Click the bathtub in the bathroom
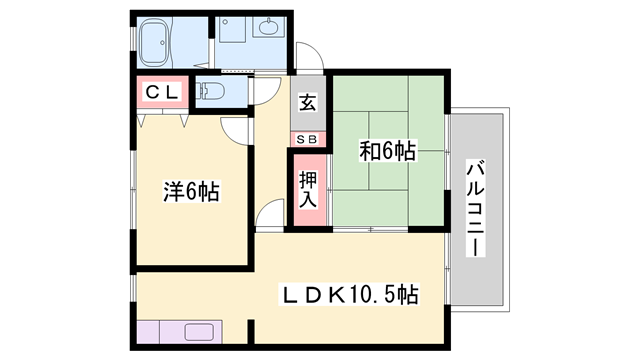point(159,43)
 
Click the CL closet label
point(163,93)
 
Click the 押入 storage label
point(308,187)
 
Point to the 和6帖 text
point(389,152)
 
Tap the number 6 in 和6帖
point(388,152)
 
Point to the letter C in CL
point(154,93)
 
